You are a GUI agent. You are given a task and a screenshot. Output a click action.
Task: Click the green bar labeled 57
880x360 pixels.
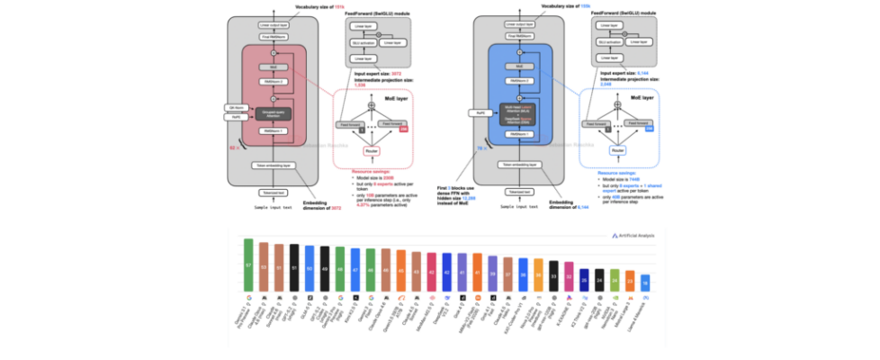coord(247,266)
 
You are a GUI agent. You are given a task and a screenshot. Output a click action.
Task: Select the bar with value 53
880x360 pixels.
coord(263,268)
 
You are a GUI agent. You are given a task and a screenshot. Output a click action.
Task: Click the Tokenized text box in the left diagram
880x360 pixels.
coord(267,193)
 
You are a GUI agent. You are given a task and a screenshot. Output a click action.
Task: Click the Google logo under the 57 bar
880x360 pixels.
coord(247,295)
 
